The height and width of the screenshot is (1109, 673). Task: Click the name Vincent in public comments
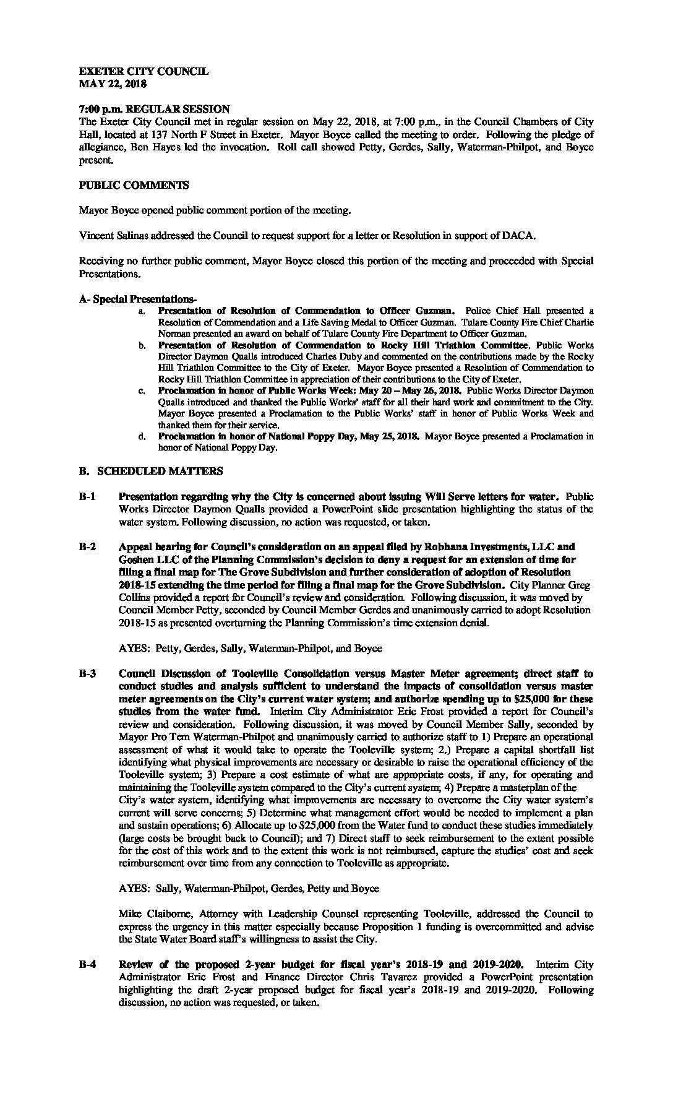[95, 235]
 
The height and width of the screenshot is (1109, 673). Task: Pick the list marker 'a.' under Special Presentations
[142, 311]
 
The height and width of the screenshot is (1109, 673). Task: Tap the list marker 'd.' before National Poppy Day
[142, 437]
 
